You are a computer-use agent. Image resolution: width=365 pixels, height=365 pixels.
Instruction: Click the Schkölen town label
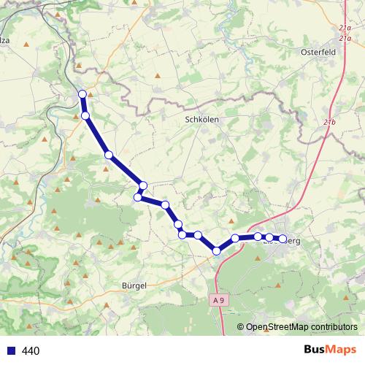point(202,118)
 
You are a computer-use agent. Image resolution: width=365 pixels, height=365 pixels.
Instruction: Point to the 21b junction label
point(328,120)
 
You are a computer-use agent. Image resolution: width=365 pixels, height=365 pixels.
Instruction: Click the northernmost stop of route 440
point(82,93)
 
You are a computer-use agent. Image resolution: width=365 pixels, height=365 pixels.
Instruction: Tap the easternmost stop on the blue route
point(283,239)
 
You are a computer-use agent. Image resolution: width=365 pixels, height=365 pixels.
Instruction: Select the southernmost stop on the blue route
point(217,251)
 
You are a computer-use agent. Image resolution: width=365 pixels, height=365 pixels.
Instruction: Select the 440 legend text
point(31,350)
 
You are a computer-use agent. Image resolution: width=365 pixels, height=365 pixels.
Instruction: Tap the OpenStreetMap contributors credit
point(301,326)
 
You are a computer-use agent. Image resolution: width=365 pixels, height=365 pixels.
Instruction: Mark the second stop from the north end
point(85,116)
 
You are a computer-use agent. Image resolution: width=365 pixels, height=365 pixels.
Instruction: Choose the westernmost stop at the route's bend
point(137,197)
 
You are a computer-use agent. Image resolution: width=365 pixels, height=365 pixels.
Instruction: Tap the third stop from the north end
point(108,155)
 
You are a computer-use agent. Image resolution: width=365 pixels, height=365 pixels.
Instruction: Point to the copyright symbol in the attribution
point(241,326)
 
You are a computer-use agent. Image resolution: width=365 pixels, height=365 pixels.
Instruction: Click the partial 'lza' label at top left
point(4,42)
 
